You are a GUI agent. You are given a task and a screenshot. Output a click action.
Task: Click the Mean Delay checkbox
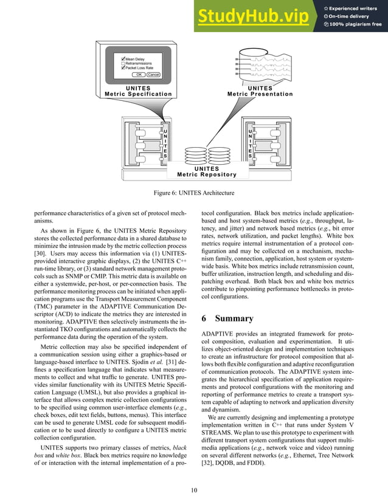(x=123, y=59)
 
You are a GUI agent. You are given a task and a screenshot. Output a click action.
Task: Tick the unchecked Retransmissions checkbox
(x=123, y=63)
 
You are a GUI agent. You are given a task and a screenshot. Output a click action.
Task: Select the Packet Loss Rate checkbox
(x=123, y=67)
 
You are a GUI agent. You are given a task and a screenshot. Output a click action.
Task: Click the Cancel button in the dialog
(x=153, y=74)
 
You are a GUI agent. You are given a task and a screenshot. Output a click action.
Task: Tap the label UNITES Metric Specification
(x=138, y=91)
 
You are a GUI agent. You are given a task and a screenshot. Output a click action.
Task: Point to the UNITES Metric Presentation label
(x=260, y=91)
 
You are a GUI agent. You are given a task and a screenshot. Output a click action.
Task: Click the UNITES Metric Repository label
(x=207, y=171)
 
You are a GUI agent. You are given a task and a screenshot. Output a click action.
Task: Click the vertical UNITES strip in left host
(x=164, y=143)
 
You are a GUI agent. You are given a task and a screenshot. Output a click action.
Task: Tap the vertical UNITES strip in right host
(x=249, y=143)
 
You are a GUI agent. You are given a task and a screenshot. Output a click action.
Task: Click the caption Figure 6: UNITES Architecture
(x=194, y=193)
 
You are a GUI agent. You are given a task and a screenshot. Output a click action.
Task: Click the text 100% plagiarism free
(x=356, y=24)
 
